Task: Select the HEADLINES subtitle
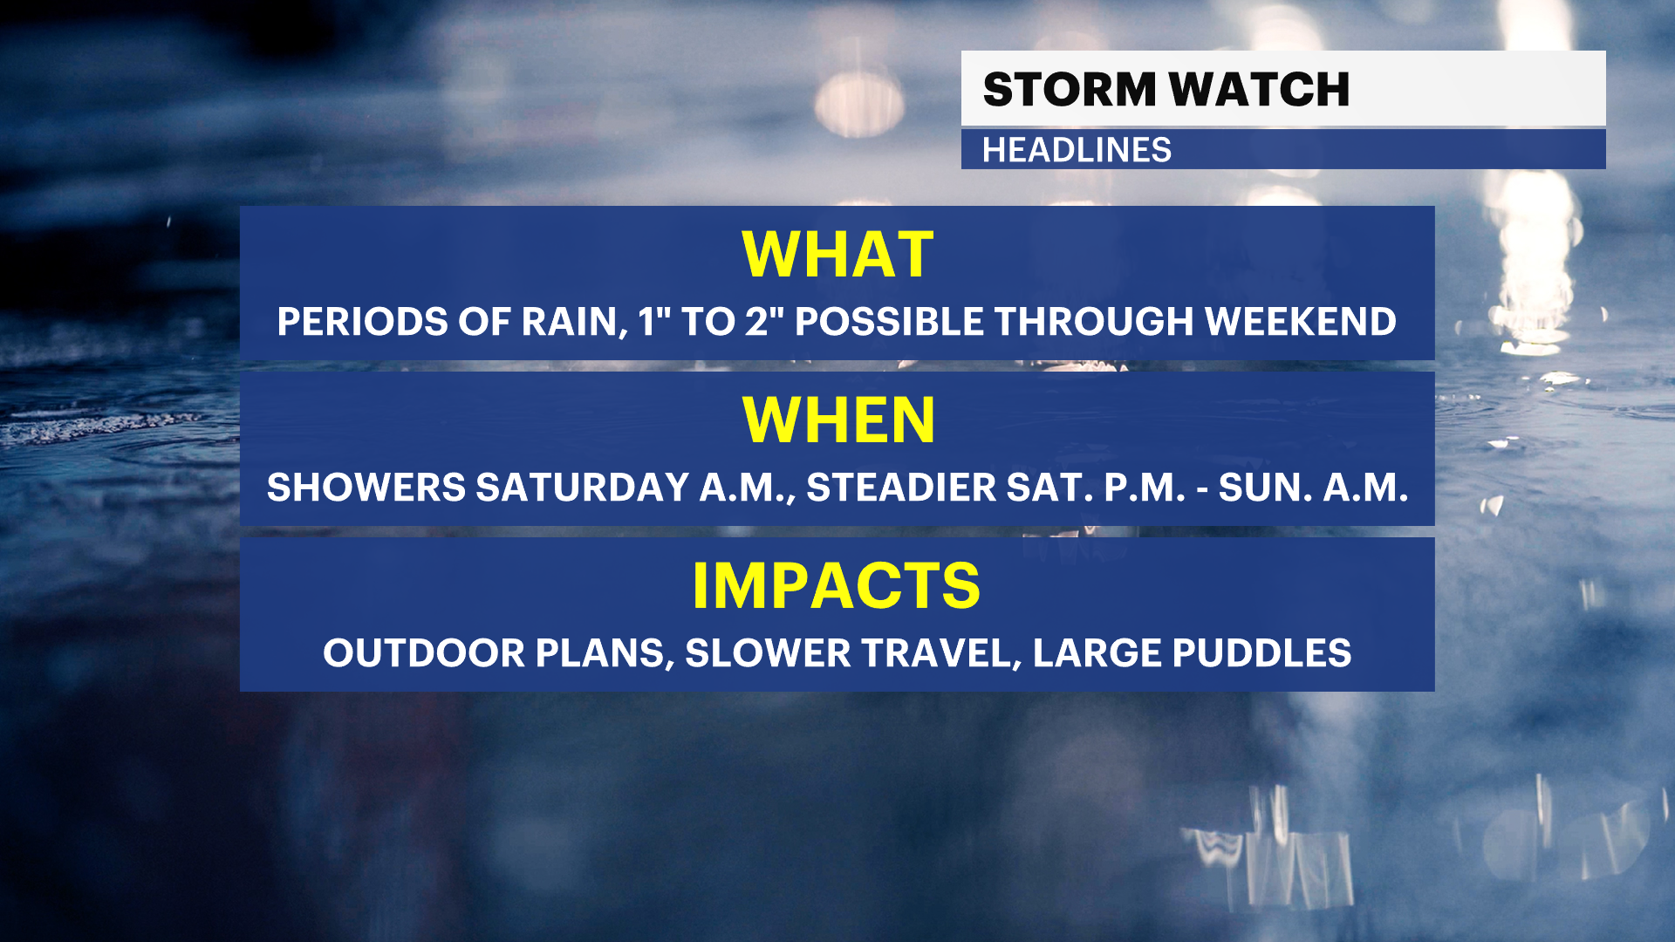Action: pos(1077,150)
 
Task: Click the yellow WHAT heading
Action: pos(837,255)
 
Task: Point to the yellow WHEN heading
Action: pos(838,420)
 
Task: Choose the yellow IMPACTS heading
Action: pos(837,585)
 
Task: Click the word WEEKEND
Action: pos(1301,322)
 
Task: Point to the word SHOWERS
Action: pos(366,488)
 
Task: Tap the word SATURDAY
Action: pos(583,488)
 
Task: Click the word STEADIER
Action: pos(901,488)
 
